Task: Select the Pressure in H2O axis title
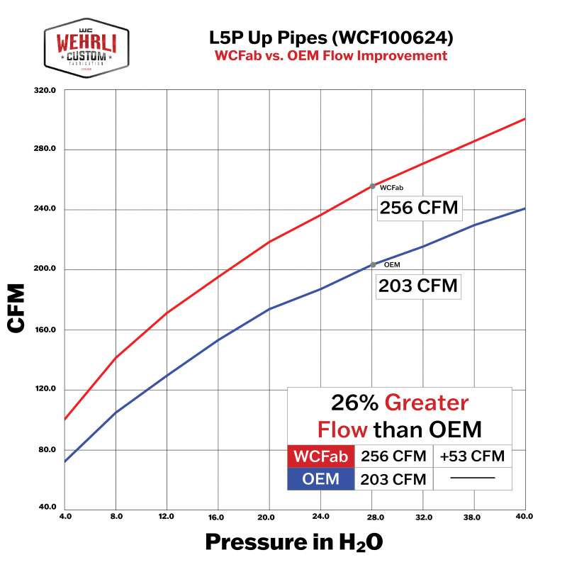[x=294, y=542]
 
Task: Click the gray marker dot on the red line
[x=373, y=186]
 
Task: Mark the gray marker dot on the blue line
[x=373, y=265]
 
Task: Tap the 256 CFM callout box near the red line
[x=418, y=208]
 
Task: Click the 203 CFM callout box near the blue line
[x=418, y=287]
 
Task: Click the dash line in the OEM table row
[x=472, y=478]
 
